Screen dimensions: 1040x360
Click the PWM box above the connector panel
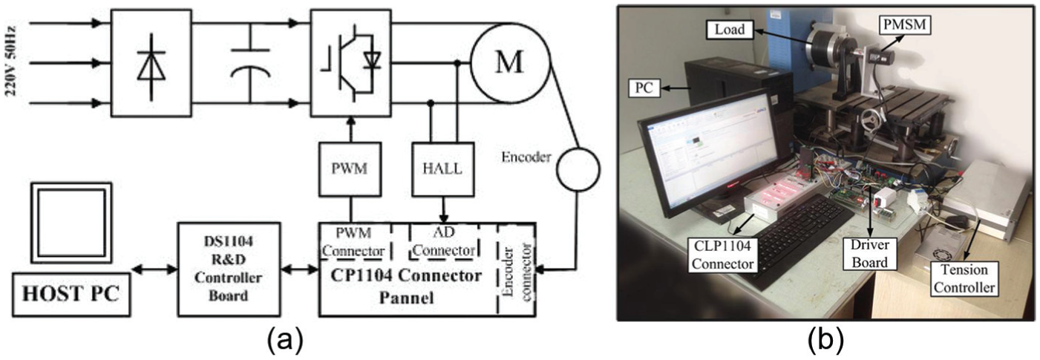(350, 169)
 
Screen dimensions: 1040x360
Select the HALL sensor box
(443, 169)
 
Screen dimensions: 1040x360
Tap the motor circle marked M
(510, 62)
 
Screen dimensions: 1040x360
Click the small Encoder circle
(578, 169)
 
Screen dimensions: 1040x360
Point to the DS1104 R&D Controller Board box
(229, 269)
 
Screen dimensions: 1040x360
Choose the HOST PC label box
(71, 295)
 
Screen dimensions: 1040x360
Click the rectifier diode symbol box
(151, 62)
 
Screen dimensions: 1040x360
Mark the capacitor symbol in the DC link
(251, 62)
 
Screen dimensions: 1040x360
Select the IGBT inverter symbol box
(351, 62)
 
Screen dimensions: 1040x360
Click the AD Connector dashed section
(444, 241)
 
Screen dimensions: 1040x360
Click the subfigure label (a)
(285, 341)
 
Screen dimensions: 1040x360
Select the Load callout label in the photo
(730, 30)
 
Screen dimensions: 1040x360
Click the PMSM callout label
(905, 24)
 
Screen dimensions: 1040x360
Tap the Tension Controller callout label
(964, 278)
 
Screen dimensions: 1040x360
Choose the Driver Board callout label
(870, 254)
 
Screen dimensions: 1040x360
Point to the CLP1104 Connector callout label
(722, 255)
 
